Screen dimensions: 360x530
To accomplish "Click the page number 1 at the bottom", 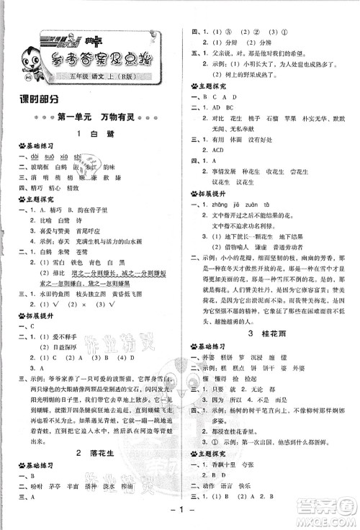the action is point(179,515).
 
